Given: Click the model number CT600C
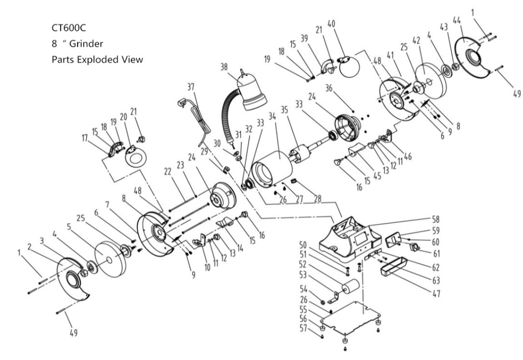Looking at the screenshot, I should tap(69, 28).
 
